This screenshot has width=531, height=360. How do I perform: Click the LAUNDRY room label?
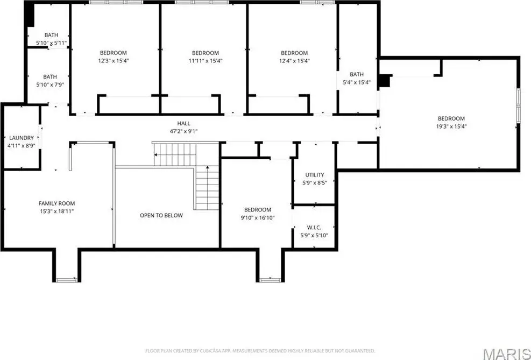pos(22,138)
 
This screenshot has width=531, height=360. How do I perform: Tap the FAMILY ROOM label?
pos(56,203)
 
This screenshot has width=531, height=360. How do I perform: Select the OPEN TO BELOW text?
pos(161,215)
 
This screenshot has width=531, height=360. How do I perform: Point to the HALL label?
pos(183,124)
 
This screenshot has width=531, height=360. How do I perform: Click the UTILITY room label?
pos(315,175)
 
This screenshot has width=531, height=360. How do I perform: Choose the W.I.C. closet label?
pos(314,228)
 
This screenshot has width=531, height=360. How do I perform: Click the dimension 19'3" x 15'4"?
pos(451,126)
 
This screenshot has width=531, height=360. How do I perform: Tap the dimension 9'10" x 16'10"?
pos(257,218)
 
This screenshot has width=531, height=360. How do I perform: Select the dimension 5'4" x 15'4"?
pos(357,82)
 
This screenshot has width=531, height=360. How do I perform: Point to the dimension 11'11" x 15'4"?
pos(205,61)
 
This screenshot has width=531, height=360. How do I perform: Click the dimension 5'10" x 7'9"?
pos(50,84)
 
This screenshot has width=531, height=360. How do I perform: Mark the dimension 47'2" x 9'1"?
pos(183,131)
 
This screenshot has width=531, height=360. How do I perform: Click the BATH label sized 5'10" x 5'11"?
pos(51,35)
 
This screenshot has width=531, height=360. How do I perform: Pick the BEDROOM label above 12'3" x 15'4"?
pos(113,53)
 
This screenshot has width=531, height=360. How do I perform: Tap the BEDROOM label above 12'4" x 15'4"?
pos(294,53)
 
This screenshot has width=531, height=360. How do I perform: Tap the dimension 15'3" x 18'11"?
pos(56,211)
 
